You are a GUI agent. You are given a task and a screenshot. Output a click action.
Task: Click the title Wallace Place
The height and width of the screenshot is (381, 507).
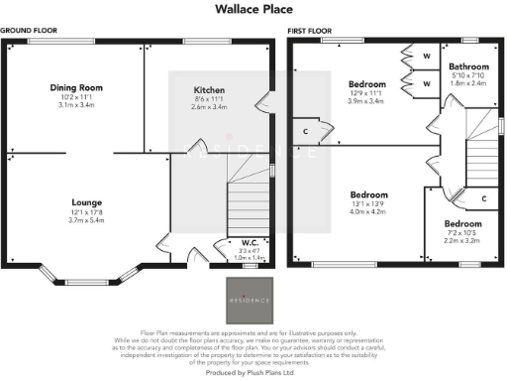(253, 9)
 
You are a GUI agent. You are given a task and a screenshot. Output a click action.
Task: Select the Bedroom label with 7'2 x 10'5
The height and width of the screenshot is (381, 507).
(462, 224)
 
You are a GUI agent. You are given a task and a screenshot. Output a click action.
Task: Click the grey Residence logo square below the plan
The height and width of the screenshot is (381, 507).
(250, 297)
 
